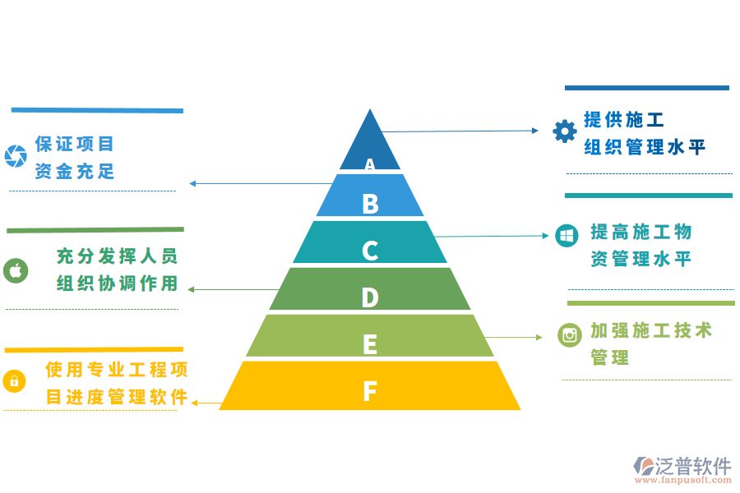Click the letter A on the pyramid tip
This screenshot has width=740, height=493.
pyautogui.click(x=370, y=164)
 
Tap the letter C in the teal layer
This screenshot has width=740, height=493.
pyautogui.click(x=370, y=250)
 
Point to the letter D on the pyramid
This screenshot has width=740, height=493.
pyautogui.click(x=370, y=297)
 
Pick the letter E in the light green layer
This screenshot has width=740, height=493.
pyautogui.click(x=370, y=343)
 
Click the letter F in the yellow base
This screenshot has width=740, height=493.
pyautogui.click(x=370, y=390)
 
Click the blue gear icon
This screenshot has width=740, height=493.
pyautogui.click(x=564, y=131)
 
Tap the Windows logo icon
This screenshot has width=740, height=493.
pyautogui.click(x=567, y=236)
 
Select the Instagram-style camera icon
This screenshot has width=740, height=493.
pyautogui.click(x=569, y=334)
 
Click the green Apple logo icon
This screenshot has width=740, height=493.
pyautogui.click(x=16, y=270)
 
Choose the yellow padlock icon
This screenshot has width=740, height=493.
pyautogui.click(x=14, y=380)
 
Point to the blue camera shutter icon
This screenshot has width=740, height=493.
pyautogui.click(x=16, y=156)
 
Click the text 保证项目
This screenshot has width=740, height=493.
pyautogui.click(x=75, y=144)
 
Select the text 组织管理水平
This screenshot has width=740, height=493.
pyautogui.click(x=645, y=148)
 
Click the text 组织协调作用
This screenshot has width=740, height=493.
pyautogui.click(x=117, y=283)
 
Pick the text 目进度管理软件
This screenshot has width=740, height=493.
pyautogui.click(x=117, y=397)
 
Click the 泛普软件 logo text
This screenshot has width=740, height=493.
pyautogui.click(x=693, y=467)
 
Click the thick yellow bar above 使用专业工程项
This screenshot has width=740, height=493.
pyautogui.click(x=94, y=349)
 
